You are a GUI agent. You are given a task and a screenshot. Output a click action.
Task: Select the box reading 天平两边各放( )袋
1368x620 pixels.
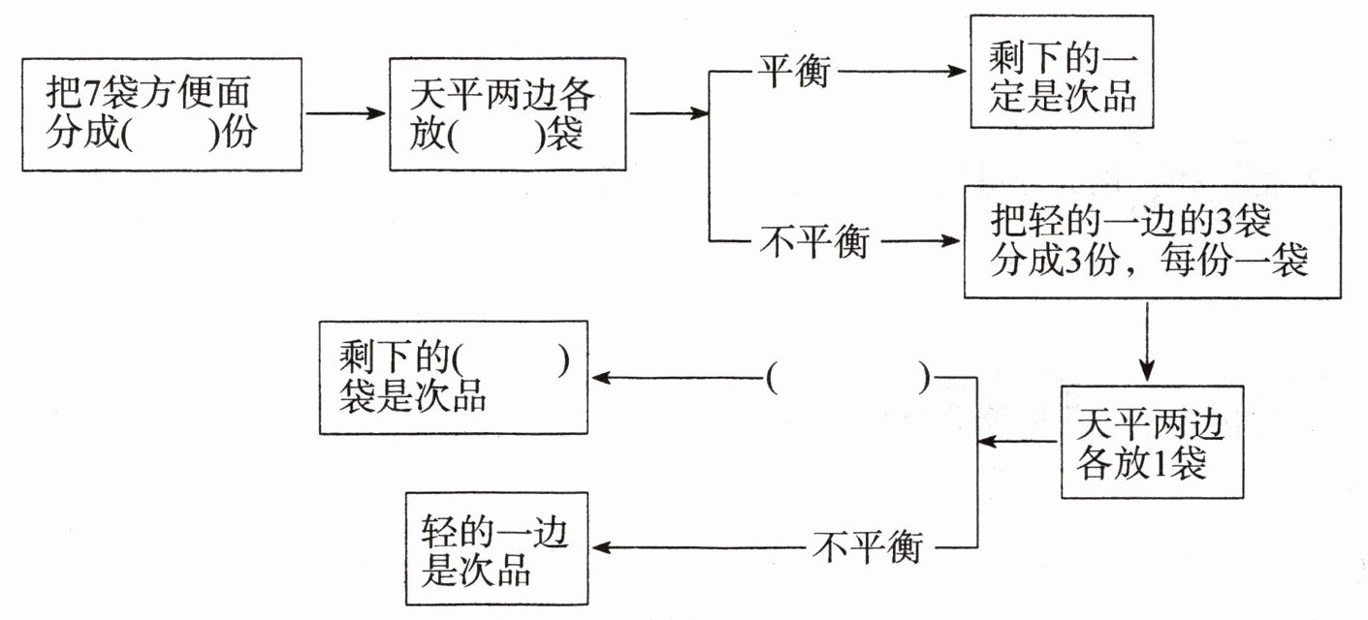(x=507, y=113)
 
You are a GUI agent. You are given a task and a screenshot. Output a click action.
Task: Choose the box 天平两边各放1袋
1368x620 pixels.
(x=1151, y=443)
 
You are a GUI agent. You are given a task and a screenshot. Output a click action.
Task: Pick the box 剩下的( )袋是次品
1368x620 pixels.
(x=453, y=377)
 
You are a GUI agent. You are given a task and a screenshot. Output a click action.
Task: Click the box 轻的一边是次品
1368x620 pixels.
(x=495, y=549)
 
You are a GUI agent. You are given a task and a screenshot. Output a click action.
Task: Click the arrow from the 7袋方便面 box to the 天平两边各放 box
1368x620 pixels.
(x=345, y=113)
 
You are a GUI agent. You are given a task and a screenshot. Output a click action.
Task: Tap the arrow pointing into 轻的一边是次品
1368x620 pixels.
(x=698, y=548)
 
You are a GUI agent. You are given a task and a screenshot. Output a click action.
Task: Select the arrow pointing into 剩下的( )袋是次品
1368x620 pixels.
(x=679, y=378)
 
